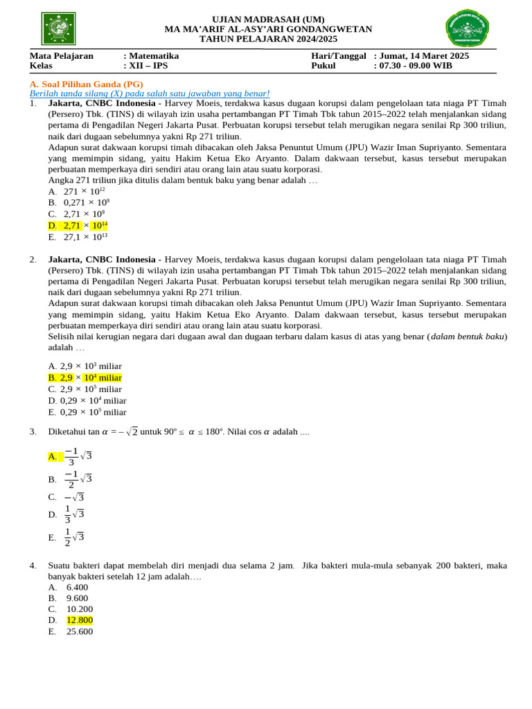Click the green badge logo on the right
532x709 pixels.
tap(466, 29)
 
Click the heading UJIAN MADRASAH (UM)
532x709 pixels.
tap(268, 19)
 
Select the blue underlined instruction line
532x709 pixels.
tap(150, 93)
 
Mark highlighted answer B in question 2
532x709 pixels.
tap(85, 377)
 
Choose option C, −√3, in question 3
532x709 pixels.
tap(74, 497)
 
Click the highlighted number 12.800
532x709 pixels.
tap(80, 620)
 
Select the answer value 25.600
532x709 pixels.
tap(80, 631)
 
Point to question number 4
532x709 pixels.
tap(33, 566)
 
